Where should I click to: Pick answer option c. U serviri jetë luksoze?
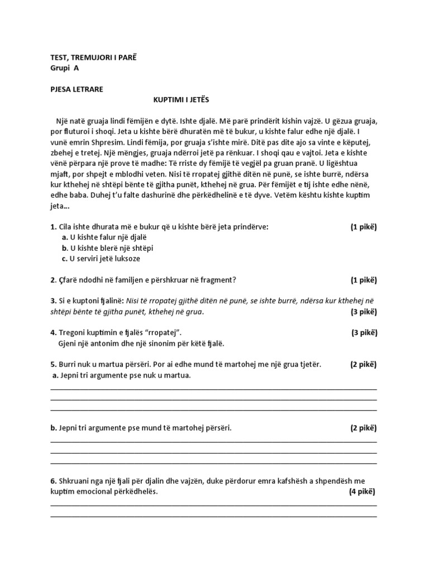104,259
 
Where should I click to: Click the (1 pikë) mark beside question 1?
364,227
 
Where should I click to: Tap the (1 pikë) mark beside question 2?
364,280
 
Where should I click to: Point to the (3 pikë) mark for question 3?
364,312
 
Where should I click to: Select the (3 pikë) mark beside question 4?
364,333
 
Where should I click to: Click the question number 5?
53,365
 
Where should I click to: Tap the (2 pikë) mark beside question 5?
364,365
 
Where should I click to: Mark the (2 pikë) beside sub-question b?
364,428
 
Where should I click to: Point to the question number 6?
53,481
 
